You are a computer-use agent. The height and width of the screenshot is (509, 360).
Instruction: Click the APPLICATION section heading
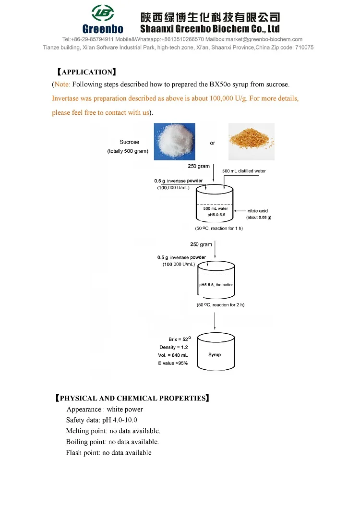coord(86,73)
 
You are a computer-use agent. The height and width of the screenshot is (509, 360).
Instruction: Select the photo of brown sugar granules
coord(251,141)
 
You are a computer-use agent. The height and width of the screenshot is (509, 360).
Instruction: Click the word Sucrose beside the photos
coord(129,142)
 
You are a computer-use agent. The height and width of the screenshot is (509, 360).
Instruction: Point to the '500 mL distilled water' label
coord(244,171)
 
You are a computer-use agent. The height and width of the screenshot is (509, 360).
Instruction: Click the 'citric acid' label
coord(258,211)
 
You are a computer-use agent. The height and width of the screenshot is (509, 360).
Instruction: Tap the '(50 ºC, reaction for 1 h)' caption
coord(219,228)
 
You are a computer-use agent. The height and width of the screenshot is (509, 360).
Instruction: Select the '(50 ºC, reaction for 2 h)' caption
coord(220,305)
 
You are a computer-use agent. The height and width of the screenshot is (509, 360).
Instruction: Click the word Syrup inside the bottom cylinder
coord(215,355)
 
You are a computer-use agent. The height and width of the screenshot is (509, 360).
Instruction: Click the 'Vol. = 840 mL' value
coord(173,355)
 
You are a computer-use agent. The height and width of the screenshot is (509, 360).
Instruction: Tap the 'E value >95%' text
coord(173,364)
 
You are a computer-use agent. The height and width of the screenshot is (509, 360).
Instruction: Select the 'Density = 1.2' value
coord(174,347)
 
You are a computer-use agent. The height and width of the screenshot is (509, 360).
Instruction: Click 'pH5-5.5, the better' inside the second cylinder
coord(216,285)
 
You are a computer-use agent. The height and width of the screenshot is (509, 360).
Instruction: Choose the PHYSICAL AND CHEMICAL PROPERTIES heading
coord(132,399)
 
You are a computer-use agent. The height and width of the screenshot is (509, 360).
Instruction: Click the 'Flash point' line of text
coord(108,453)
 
